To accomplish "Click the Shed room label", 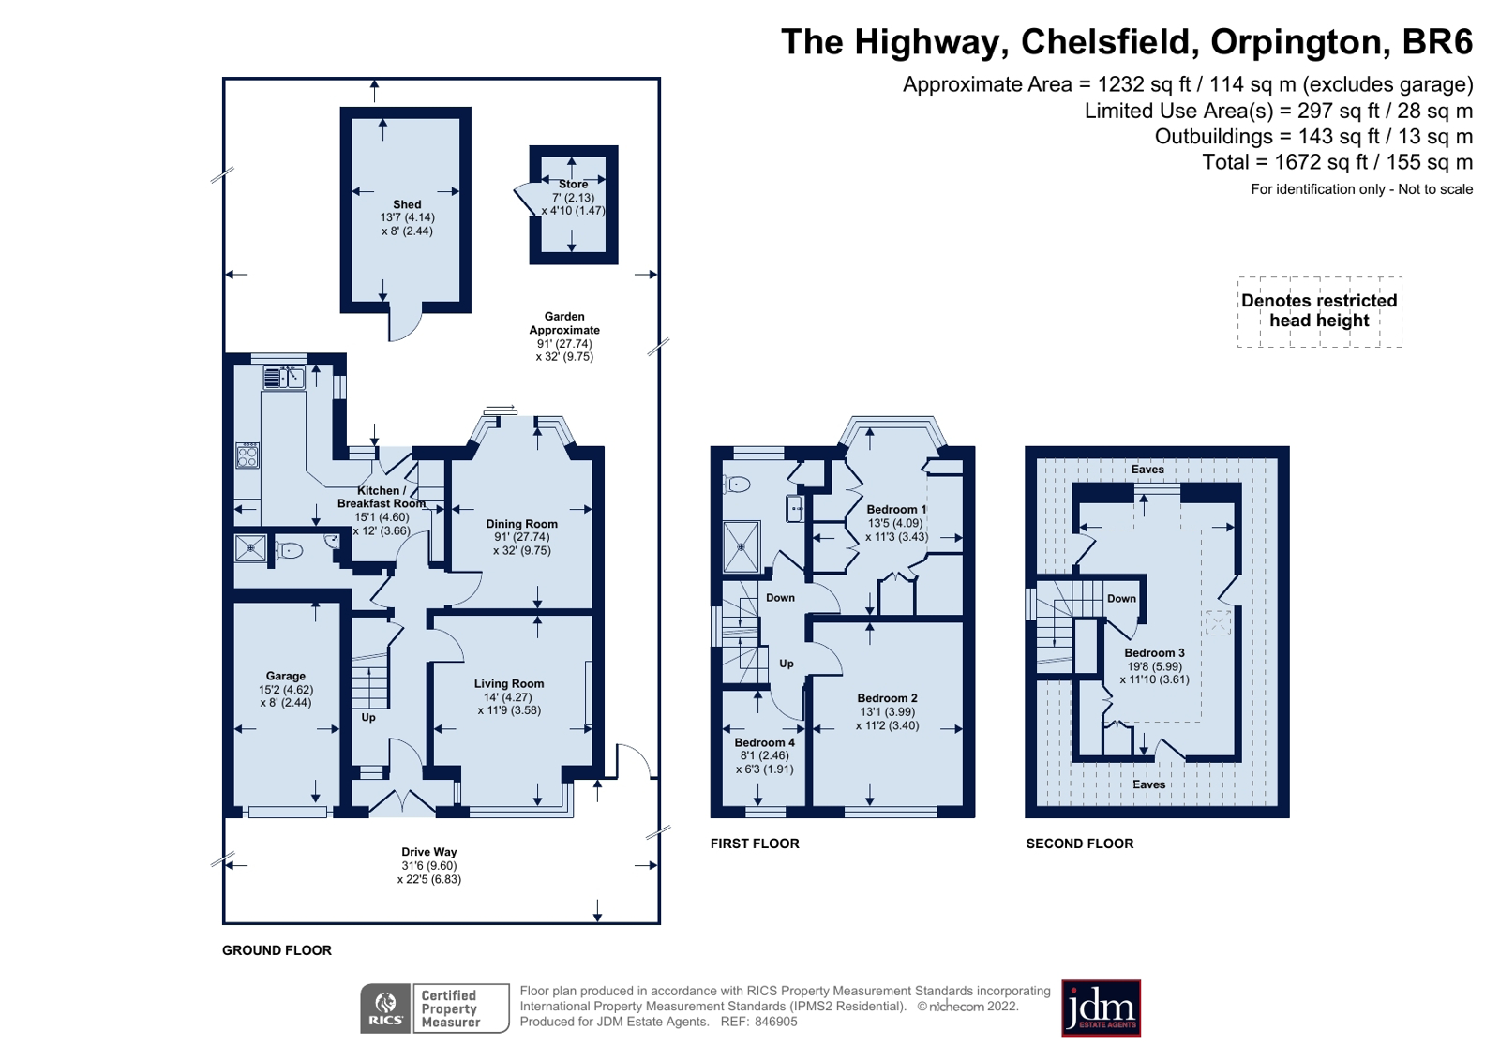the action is tap(407, 204).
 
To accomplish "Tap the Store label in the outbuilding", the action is tap(574, 184).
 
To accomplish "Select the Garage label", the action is tap(286, 677).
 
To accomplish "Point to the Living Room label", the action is tap(509, 684).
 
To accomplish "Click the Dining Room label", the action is tap(522, 524).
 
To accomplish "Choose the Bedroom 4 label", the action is tap(765, 743).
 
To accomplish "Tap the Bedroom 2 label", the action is tap(888, 698).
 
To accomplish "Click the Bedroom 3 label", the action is tap(1154, 653).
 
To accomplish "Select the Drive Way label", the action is tap(429, 853).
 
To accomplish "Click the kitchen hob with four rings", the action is tap(247, 455).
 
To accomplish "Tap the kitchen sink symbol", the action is tap(284, 378).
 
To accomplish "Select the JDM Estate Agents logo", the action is tap(1101, 1008).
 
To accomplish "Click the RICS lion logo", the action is tap(385, 1008).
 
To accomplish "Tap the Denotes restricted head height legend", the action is tap(1319, 311).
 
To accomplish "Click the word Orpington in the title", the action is tap(1297, 41).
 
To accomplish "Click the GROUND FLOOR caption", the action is tap(277, 951).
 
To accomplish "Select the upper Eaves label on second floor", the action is tap(1147, 470).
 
